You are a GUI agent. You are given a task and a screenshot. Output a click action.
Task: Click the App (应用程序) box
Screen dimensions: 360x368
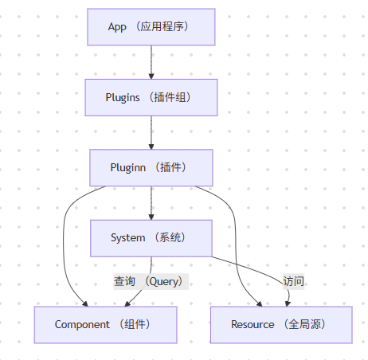pos(151,27)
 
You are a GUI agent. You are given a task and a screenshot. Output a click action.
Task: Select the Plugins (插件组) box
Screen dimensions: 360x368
pos(151,97)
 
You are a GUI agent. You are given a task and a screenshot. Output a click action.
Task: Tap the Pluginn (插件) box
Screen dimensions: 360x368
pos(151,167)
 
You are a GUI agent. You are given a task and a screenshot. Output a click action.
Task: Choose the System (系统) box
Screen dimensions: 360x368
pos(151,237)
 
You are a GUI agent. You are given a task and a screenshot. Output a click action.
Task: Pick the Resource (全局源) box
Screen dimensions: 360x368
pos(280,324)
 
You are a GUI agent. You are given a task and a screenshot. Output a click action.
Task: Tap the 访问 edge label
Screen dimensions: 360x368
pos(293,281)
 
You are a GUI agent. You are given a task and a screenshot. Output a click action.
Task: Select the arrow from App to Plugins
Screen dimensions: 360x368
pos(151,62)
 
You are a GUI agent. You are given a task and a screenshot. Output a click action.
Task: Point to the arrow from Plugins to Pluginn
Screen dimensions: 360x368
pos(151,132)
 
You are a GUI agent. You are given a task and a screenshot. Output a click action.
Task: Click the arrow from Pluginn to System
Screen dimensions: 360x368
pos(151,202)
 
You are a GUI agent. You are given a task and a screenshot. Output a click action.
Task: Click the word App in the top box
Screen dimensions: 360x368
pos(117,27)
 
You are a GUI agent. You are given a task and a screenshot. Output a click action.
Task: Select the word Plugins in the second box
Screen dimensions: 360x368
pos(123,97)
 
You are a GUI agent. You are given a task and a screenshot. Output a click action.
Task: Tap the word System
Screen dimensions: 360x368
pos(127,237)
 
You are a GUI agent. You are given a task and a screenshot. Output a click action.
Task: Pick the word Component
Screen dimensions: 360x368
pos(81,324)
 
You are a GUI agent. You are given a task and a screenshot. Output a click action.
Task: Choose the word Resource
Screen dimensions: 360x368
pos(252,324)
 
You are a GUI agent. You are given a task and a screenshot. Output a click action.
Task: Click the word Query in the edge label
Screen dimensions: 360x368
pos(164,281)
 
